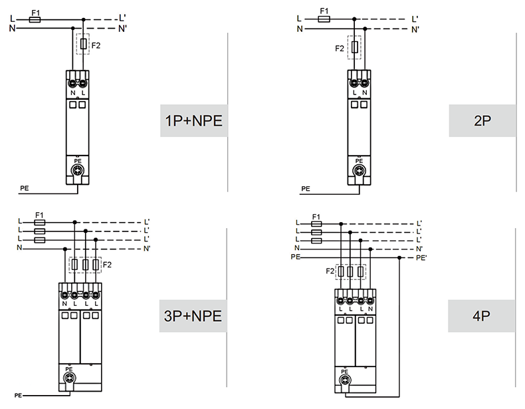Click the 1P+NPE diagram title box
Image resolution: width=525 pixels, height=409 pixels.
193,120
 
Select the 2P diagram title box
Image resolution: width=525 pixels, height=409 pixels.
482,120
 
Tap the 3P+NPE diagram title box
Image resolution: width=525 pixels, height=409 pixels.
193,315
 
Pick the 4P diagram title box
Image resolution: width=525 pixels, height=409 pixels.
482,315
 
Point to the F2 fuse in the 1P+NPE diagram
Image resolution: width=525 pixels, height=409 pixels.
83,45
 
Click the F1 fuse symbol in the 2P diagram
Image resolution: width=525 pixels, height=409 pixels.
324,19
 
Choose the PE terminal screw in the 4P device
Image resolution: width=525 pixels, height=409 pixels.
344,380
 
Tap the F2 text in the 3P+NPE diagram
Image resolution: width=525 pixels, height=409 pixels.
108,265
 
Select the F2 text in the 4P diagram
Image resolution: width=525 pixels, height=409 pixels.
330,271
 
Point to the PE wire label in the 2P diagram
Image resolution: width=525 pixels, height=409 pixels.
305,189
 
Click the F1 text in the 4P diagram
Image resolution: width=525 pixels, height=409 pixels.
316,217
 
